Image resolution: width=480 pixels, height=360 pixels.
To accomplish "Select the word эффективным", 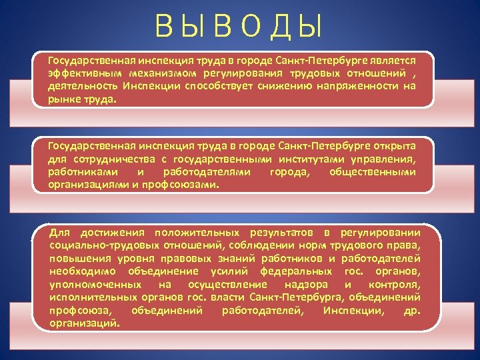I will click(81, 73).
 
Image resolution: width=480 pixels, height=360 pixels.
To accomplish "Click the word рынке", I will click(63, 99).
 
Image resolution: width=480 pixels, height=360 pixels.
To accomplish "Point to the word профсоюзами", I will click(181, 185).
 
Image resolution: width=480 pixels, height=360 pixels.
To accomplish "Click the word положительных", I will click(197, 233).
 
